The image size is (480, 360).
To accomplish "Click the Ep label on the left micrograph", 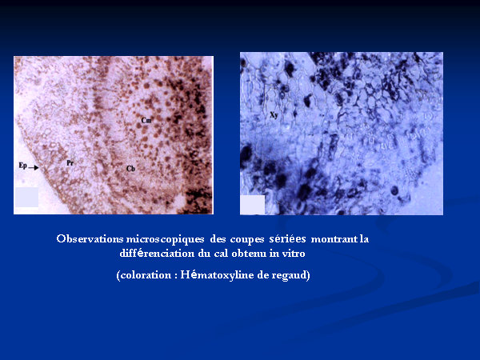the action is coord(23,166).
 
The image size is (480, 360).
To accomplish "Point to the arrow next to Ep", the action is coord(34,167).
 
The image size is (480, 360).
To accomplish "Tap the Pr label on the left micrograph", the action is coord(70,162).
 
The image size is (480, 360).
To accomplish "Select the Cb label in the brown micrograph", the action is coord(130,168).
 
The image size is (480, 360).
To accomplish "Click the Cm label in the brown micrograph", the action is coord(146,120).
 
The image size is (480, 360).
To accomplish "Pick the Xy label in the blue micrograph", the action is coord(274,115).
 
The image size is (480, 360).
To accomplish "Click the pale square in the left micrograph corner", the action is coord(26,198).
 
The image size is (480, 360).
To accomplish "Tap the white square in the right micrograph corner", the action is coord(253,205).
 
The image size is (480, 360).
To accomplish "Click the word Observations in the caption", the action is coord(90,238).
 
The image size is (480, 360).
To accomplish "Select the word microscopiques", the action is coord(165,239).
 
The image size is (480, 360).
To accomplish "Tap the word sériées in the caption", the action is coord(287,238).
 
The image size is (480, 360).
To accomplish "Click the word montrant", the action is coord(334,239).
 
